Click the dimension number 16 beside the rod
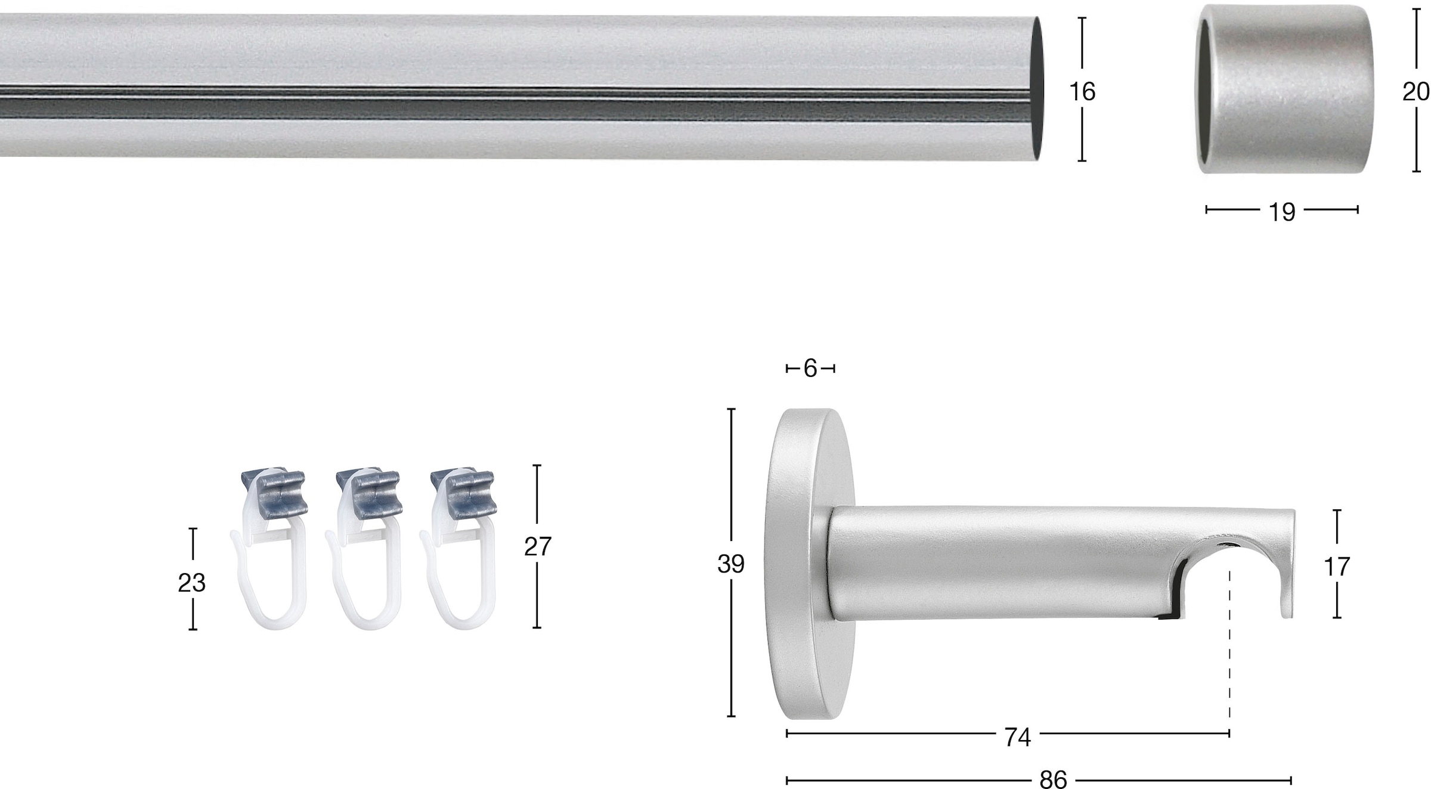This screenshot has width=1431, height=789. tap(1082, 92)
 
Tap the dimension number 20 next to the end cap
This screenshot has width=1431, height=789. tap(1416, 92)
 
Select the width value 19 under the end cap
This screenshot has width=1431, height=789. tap(1282, 212)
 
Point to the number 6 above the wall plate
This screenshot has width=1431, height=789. tap(810, 369)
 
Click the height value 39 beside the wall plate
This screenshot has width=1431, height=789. tap(731, 564)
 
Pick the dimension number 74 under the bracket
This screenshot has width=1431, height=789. tap(1018, 738)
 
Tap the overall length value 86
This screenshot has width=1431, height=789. tap(1053, 779)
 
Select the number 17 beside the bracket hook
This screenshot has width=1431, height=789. tap(1337, 567)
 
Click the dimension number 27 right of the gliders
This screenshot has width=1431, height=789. tap(538, 546)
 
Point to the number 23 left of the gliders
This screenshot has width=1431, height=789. tap(192, 583)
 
